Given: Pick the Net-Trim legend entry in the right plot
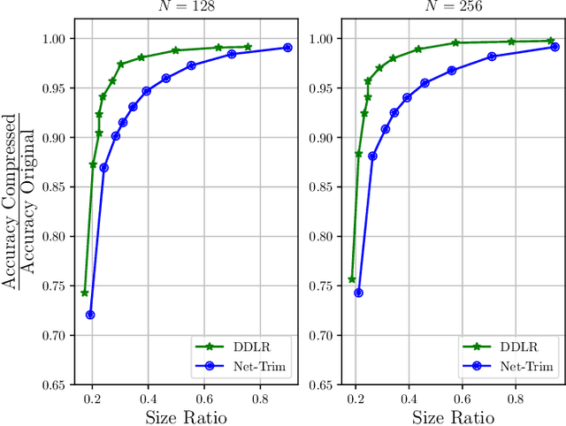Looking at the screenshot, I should tap(522, 366).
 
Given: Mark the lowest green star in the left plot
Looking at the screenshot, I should tap(85, 293).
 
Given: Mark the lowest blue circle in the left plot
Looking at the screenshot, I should tap(90, 315).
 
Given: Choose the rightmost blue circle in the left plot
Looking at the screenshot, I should tap(287, 48).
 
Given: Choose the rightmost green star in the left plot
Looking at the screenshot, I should tap(248, 47).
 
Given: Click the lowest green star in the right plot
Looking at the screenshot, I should tap(352, 279).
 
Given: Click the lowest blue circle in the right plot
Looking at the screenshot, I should tap(358, 293).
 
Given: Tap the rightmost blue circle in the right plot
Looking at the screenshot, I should tap(555, 47).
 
